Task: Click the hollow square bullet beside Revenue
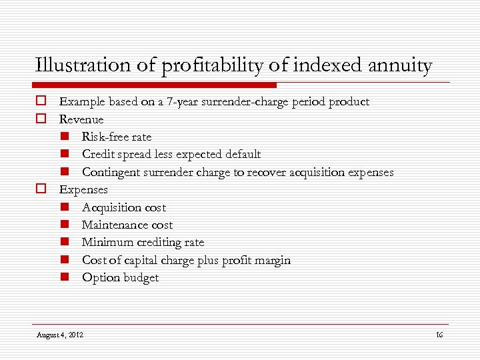coord(41,119)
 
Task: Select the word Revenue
coord(81,119)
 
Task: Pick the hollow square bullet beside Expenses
coord(41,189)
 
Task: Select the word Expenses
coord(83,190)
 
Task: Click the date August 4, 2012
coord(60,335)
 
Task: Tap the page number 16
coord(439,335)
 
